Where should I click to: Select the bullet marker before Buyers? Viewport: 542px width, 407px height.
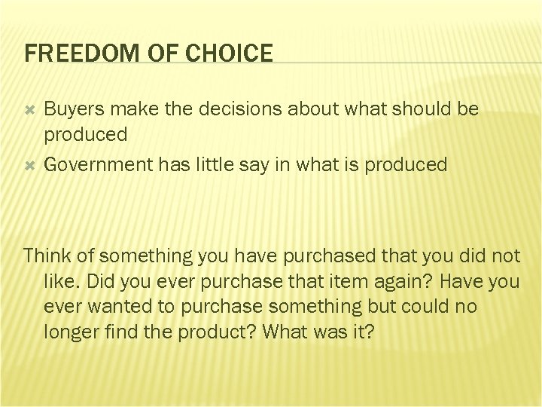(x=30, y=110)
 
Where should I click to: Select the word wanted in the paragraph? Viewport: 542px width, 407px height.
(x=110, y=307)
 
